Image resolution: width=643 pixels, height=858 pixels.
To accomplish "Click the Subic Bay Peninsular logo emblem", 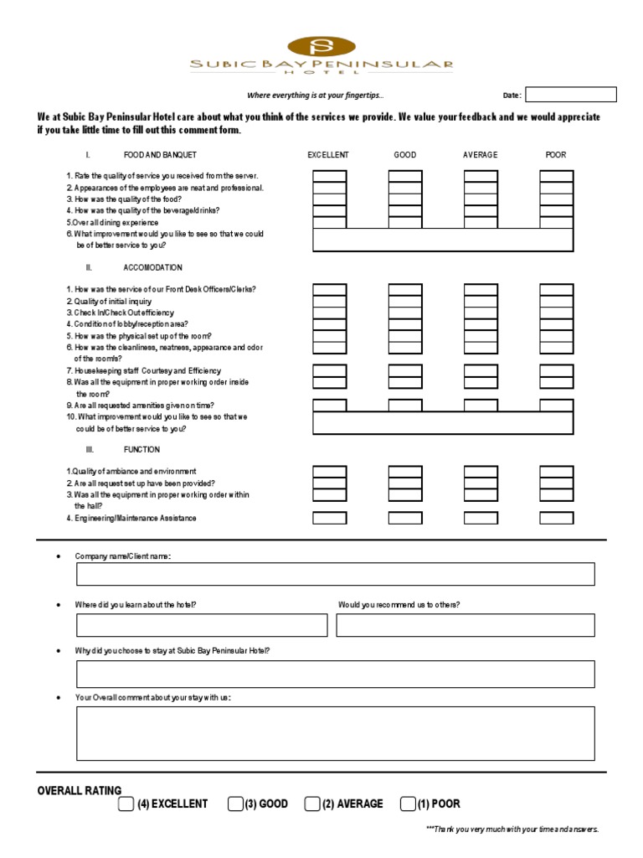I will [321, 46].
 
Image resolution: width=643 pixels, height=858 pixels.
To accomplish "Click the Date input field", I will [570, 95].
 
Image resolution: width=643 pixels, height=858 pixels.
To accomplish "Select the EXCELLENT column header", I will [328, 155].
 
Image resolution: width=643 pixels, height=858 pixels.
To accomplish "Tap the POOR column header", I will [556, 155].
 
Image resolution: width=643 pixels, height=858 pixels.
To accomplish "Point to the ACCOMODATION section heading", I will [152, 267].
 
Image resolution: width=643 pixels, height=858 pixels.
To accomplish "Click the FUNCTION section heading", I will [141, 450].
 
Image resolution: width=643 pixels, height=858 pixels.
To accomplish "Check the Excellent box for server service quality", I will [329, 176].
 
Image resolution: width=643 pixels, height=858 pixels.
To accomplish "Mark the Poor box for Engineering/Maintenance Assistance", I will [556, 518].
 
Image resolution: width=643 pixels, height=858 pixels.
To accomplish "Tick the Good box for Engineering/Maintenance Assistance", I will [405, 518].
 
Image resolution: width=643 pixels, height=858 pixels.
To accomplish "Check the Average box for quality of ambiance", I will [481, 472].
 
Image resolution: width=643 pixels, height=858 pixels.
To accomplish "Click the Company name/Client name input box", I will [335, 574].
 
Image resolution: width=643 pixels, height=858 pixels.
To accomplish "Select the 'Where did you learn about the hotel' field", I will [202, 625].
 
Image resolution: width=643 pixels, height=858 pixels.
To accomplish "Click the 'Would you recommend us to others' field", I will [466, 625].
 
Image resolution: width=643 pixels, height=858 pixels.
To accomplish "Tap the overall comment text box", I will [335, 733].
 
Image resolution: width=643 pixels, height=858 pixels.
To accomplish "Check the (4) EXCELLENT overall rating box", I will [126, 804].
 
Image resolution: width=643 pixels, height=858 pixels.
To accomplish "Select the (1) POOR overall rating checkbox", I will [408, 804].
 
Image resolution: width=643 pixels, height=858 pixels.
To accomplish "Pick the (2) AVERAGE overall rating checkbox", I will [312, 804].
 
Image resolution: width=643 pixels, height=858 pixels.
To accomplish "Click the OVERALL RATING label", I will [80, 790].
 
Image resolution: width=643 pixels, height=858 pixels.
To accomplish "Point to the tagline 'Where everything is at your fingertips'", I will [316, 95].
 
